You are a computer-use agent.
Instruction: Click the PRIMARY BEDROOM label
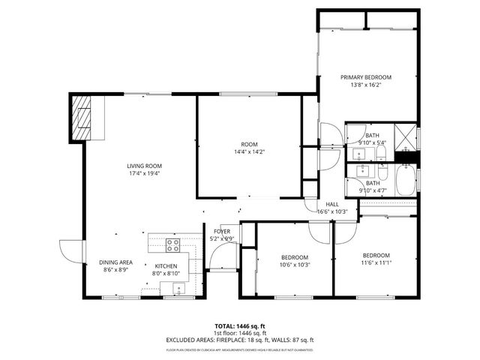click(x=366, y=77)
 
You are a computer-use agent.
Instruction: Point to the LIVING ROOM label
click(x=144, y=166)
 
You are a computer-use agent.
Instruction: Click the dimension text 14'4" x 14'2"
click(x=249, y=151)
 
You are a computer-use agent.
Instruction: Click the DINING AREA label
click(x=115, y=262)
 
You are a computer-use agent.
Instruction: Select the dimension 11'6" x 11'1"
click(x=376, y=262)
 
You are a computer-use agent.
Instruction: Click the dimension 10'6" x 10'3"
click(x=295, y=264)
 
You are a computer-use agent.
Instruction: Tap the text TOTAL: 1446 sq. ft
click(x=240, y=326)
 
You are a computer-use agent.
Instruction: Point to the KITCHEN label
click(x=166, y=266)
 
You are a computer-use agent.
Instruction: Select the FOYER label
click(x=222, y=231)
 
